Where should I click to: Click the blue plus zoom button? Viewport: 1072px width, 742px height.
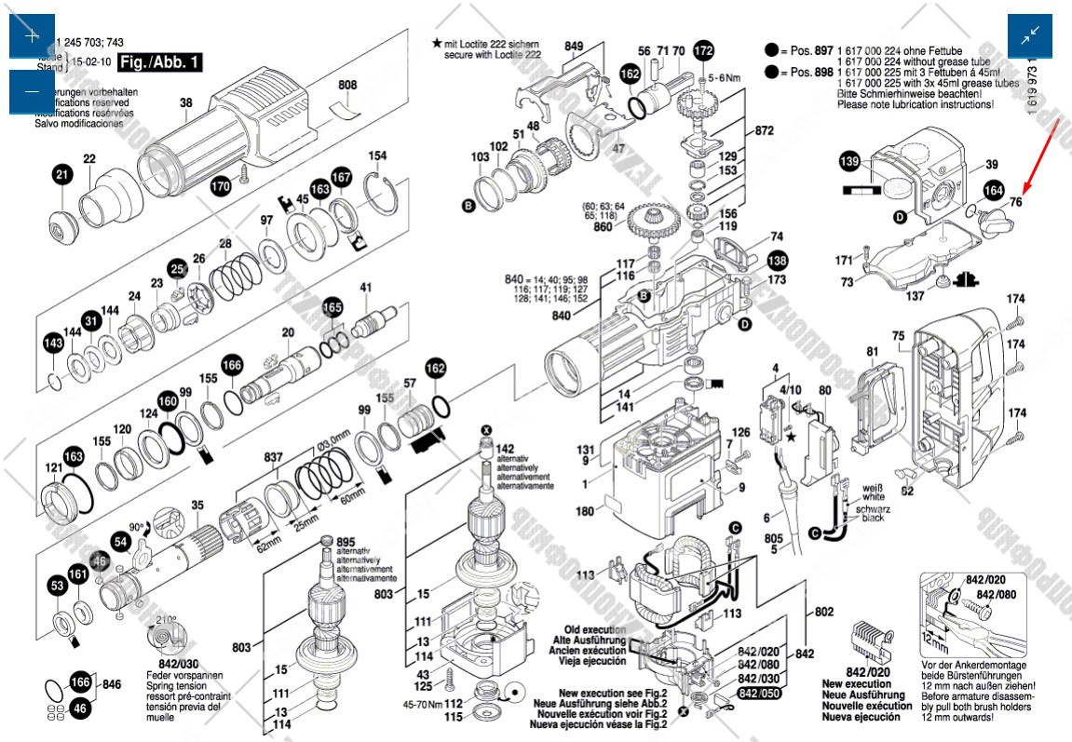(x=32, y=36)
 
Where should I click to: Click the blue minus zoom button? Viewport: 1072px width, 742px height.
(x=32, y=92)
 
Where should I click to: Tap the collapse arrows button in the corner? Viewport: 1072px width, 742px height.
(x=1030, y=36)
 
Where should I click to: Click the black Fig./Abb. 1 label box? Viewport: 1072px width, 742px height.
(x=160, y=63)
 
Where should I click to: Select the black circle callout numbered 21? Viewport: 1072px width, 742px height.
(x=61, y=174)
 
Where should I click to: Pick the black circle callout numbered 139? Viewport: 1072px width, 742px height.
(x=849, y=161)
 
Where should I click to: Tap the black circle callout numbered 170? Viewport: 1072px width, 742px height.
(x=220, y=186)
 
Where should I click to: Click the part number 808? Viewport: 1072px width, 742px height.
(x=346, y=86)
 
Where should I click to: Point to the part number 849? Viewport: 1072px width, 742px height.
(x=574, y=46)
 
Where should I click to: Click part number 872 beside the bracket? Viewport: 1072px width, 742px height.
(x=765, y=130)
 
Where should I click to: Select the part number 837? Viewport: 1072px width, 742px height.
(x=273, y=457)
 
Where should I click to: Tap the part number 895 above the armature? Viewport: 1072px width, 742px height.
(x=346, y=542)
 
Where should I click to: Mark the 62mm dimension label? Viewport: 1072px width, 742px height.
(x=268, y=545)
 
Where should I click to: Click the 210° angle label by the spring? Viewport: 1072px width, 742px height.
(x=166, y=619)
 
